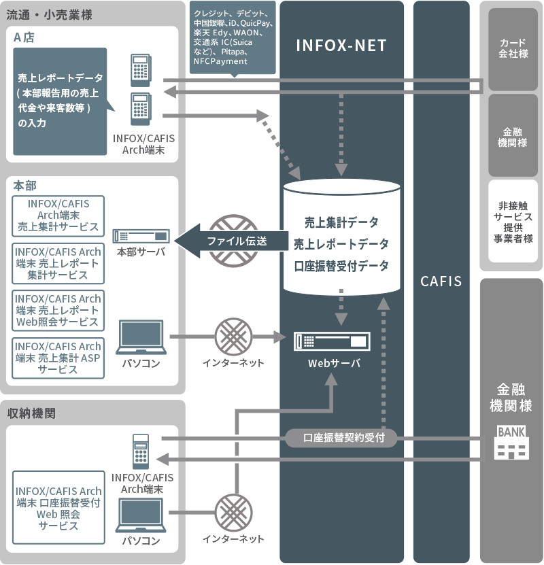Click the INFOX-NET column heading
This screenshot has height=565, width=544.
(341, 46)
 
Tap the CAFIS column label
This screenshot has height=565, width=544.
(441, 281)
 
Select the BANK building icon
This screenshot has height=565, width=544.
(512, 443)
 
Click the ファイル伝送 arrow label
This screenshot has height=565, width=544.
(237, 241)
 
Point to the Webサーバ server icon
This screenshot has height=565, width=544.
(332, 341)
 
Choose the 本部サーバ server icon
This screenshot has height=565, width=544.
(141, 236)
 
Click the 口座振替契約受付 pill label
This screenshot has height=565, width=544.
(340, 438)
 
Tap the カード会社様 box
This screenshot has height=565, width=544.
(513, 48)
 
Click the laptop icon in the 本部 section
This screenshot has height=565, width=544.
(141, 337)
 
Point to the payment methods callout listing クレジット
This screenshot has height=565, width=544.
(233, 37)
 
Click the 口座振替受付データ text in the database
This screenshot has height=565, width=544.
(341, 266)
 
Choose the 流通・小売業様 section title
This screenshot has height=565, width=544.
(50, 14)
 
